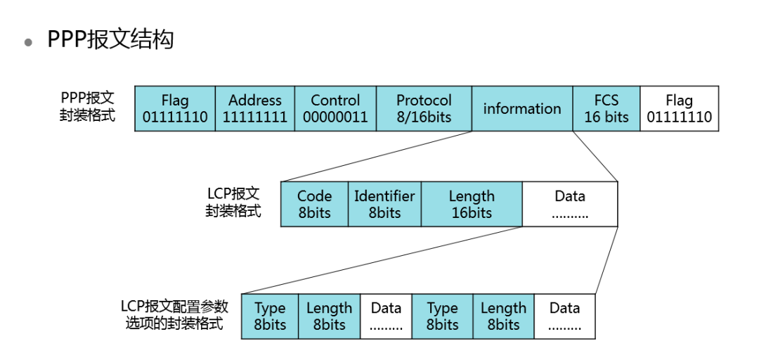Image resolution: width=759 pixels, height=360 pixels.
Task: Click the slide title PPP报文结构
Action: [x=110, y=39]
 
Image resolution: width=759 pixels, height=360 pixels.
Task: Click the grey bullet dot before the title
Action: [x=29, y=42]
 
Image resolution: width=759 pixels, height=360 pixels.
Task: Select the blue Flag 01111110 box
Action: [x=175, y=108]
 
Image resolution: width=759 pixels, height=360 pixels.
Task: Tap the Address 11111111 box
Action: [x=255, y=108]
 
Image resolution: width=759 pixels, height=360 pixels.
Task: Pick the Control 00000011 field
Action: [x=335, y=108]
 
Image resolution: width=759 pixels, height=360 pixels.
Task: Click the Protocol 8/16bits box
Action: [x=424, y=108]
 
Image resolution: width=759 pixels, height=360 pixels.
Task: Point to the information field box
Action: [x=522, y=108]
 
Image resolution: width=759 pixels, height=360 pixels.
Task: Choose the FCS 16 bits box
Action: [x=606, y=108]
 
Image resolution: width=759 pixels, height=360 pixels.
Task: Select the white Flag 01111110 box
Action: [x=680, y=108]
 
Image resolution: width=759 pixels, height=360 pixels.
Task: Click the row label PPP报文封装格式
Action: [x=88, y=106]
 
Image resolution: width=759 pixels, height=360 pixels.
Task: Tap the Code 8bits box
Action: [x=314, y=204]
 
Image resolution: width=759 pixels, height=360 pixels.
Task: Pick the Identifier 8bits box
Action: [x=384, y=204]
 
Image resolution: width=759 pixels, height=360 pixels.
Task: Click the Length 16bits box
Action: [x=472, y=204]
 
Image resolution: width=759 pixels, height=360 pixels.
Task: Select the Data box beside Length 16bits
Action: [x=570, y=204]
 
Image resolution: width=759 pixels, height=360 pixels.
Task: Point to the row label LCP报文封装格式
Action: [x=233, y=202]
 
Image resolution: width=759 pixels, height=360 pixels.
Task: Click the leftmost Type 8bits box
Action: [x=270, y=316]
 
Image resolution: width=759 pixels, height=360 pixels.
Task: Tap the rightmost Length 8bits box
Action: [x=503, y=316]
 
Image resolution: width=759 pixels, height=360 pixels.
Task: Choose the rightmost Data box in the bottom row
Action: [x=564, y=316]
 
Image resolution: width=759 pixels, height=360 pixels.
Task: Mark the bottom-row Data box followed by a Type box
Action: [x=386, y=316]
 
